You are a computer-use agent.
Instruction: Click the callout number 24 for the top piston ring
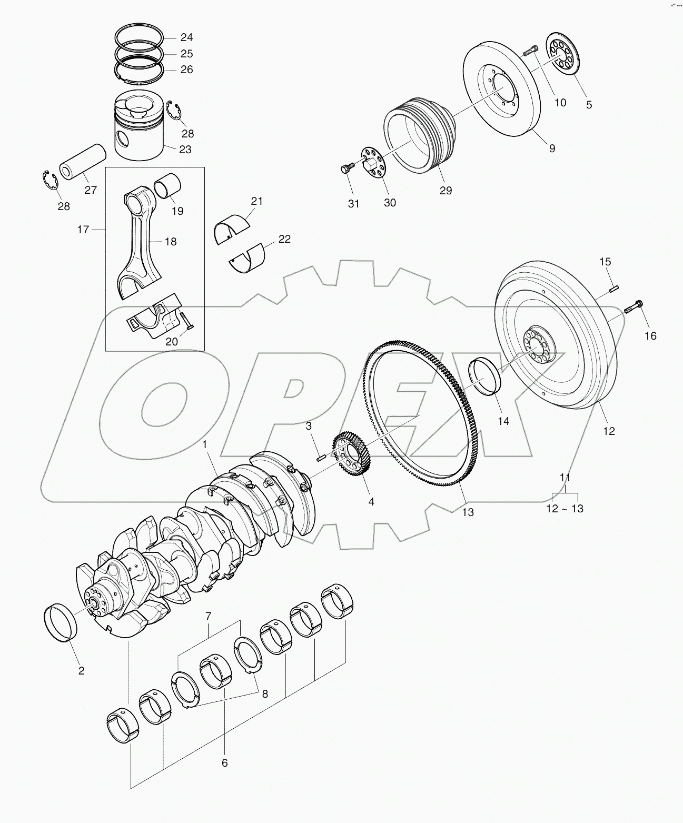pos(186,37)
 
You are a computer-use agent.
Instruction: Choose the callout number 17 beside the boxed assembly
pos(83,230)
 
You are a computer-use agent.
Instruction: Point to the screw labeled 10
pos(530,52)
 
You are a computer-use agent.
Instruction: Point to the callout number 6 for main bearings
pos(224,762)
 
